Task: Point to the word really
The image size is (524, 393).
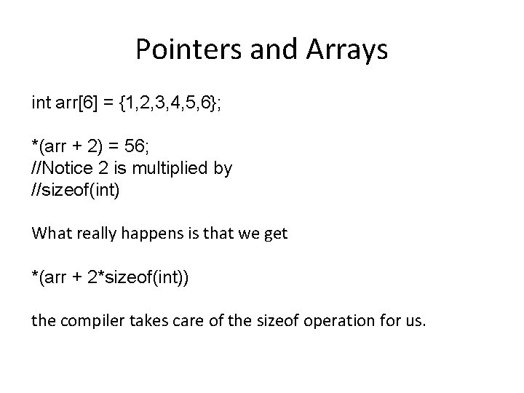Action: click(x=93, y=234)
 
